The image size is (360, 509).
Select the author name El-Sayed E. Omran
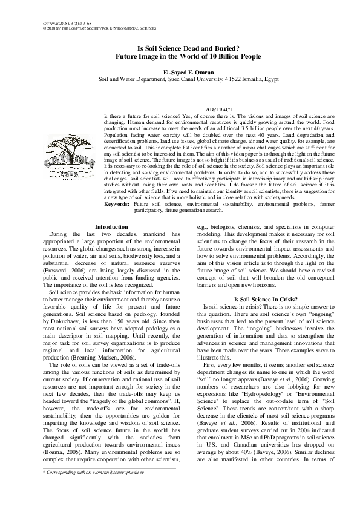coord(180,71)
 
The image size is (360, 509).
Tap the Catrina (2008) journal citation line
coord(61,22)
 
